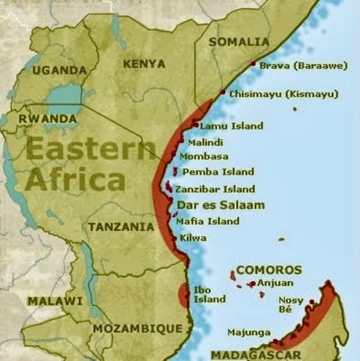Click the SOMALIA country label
[238, 41]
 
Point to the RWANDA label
[47, 119]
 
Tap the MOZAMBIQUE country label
[137, 329]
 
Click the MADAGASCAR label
[256, 354]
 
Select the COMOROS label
[268, 269]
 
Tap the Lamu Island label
[231, 126]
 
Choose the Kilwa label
[193, 238]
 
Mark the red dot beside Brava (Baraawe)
[253, 65]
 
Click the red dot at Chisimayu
[222, 92]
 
